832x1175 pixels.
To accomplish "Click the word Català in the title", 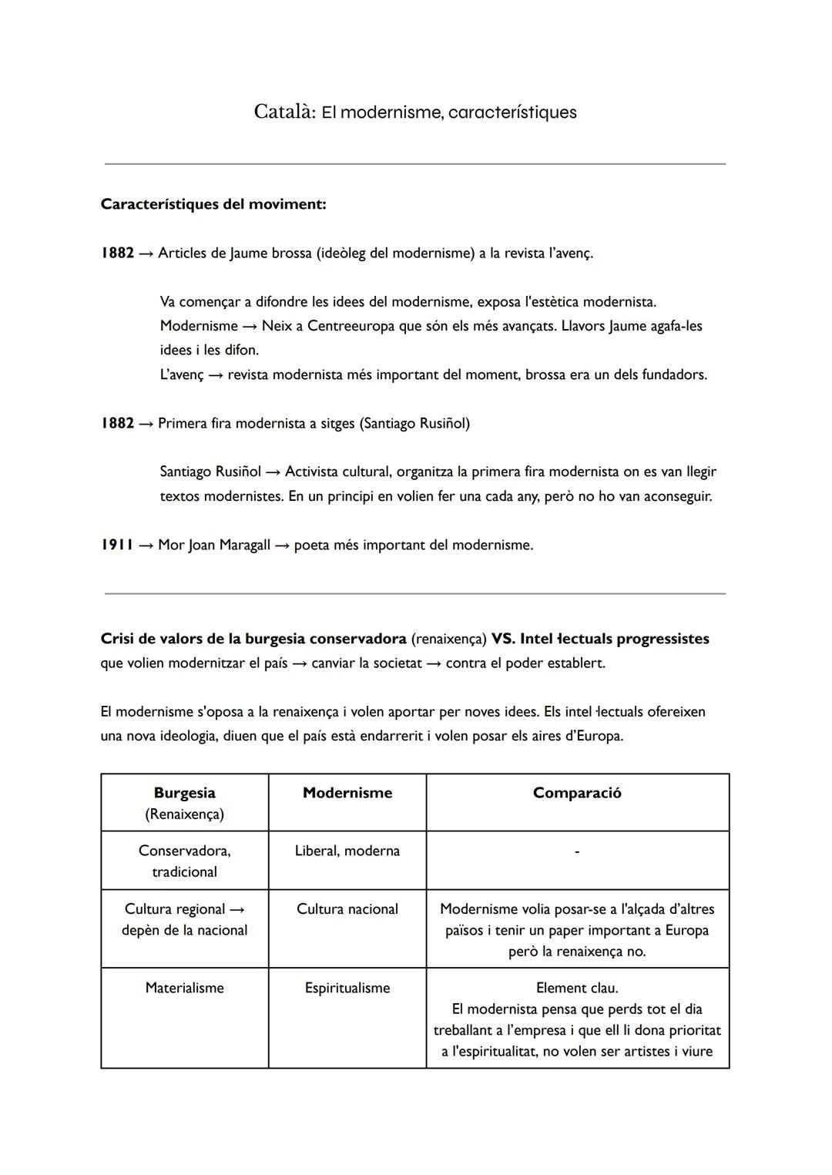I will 283,112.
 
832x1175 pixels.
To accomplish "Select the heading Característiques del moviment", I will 213,204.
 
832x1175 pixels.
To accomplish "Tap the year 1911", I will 117,545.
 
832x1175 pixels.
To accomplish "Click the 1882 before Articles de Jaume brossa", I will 117,253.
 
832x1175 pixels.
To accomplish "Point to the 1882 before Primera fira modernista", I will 117,423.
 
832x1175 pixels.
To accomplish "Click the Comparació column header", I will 576,793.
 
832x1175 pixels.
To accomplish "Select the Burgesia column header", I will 184,793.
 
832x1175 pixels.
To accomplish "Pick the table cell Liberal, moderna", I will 347,851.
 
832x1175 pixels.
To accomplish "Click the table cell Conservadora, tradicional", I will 184,861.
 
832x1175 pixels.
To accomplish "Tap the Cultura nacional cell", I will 347,909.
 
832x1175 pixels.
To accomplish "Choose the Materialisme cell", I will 184,988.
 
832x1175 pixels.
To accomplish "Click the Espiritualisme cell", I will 347,988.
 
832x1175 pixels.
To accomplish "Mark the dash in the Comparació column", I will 577,851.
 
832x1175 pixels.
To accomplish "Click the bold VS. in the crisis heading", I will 503,639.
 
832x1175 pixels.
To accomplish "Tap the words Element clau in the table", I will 576,988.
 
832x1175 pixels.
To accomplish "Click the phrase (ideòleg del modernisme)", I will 395,253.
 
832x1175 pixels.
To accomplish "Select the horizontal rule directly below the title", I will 414,164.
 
